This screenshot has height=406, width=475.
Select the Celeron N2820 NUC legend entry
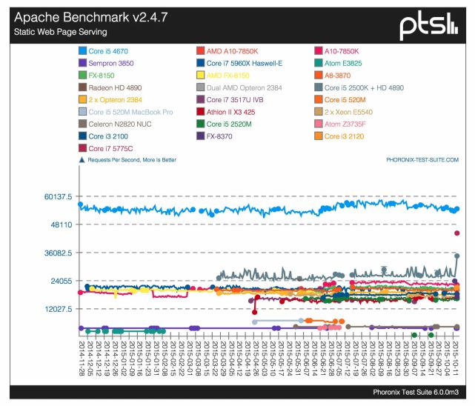(x=119, y=124)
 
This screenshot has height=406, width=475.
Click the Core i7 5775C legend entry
(x=113, y=148)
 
